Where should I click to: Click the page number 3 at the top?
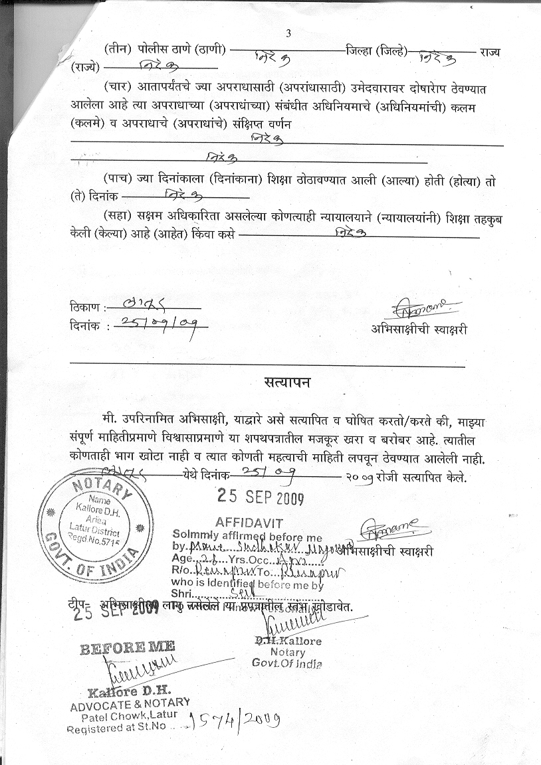[x=288, y=33]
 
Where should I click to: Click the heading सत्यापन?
[x=286, y=384]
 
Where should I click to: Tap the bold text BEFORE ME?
[x=128, y=647]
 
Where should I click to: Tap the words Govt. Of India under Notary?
[x=287, y=663]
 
